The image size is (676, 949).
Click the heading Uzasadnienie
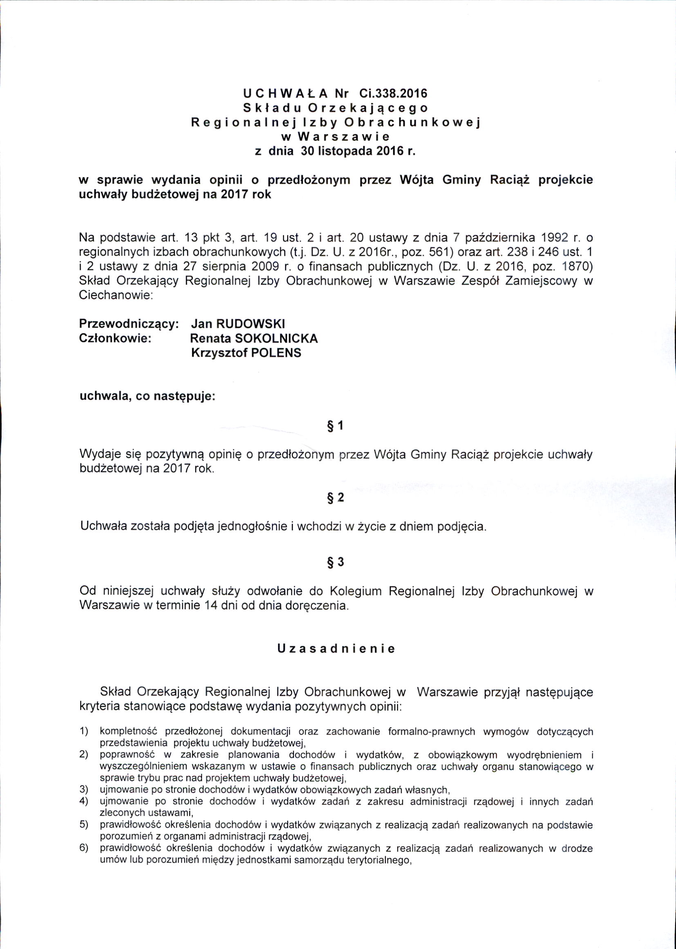click(336, 650)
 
